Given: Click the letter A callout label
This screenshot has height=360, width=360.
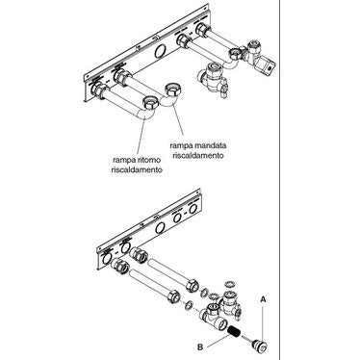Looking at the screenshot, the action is point(263,299).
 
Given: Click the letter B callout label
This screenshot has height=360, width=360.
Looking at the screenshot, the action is point(200,347).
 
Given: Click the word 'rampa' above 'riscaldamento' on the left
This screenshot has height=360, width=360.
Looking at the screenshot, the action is point(122,160).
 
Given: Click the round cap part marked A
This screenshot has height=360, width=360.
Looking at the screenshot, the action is point(260,347).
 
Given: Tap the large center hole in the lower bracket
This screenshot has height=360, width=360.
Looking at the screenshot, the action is point(160,227).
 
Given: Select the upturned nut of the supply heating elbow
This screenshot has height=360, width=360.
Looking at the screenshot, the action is point(171,90).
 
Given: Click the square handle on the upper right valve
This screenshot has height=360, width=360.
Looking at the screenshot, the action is point(265,64).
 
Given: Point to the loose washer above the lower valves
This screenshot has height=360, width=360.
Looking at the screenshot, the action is point(230,284).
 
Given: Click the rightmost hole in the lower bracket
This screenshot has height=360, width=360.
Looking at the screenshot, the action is point(193,209).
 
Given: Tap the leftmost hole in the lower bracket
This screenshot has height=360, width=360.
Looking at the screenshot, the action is point(107,259).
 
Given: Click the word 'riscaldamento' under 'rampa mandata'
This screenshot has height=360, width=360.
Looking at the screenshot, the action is point(198,156).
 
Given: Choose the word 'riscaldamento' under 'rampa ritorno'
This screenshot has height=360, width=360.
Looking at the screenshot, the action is point(137,169).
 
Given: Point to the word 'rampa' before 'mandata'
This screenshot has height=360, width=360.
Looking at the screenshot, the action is point(179,146).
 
